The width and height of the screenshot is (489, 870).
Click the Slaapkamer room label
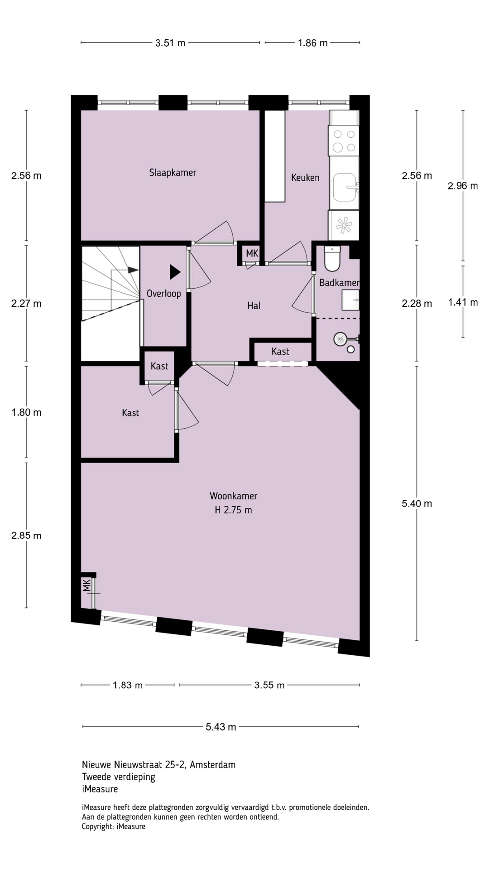(173, 173)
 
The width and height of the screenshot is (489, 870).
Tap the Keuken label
(305, 178)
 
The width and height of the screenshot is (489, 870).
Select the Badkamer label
(339, 283)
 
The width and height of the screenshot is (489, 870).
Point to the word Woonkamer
(233, 496)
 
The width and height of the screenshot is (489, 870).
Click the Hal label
(254, 306)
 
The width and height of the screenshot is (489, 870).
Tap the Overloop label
(163, 294)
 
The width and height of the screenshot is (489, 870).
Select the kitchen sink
(345, 187)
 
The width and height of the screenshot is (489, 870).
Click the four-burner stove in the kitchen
(344, 140)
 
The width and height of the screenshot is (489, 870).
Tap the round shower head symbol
(340, 338)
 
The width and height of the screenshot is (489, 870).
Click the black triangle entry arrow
(175, 272)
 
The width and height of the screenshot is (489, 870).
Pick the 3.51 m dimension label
(170, 43)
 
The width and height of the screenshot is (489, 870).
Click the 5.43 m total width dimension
(221, 727)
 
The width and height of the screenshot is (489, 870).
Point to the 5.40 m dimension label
(417, 503)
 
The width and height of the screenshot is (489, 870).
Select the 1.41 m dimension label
(463, 302)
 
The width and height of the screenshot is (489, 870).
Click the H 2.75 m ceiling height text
(233, 510)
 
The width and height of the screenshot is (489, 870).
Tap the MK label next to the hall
(252, 253)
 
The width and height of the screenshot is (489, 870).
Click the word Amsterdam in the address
(213, 765)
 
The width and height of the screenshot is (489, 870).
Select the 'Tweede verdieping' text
(119, 777)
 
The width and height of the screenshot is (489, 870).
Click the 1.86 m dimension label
(312, 43)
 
